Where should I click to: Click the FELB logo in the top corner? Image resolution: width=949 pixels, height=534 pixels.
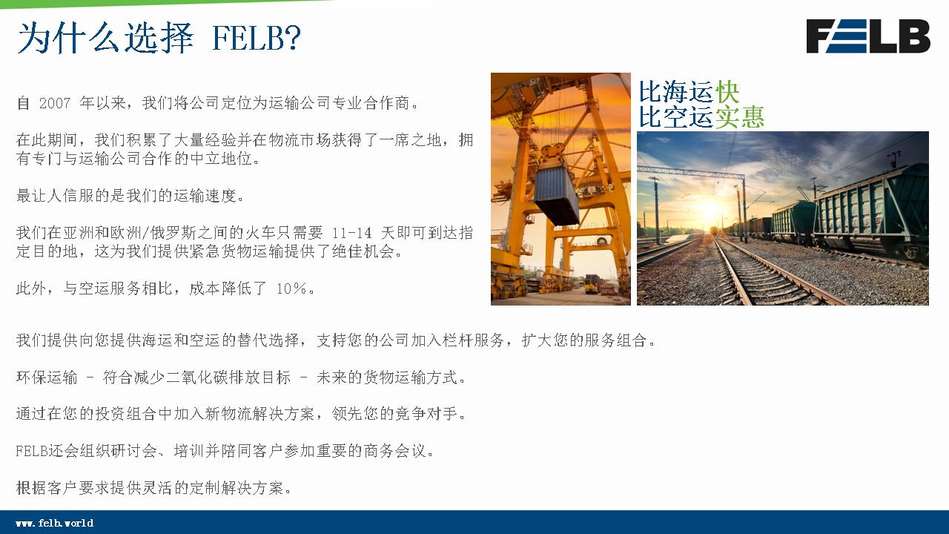868,36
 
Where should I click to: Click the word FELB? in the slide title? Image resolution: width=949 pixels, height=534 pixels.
256,38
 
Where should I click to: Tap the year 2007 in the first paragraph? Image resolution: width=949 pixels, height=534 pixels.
55,103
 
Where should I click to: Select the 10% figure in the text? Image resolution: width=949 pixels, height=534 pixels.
291,289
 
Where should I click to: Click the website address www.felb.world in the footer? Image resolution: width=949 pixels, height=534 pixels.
55,523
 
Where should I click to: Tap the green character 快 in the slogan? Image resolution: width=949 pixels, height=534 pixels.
727,92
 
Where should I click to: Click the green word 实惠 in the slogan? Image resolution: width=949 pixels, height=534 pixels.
740,117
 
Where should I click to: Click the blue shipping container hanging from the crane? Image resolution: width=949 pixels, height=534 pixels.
557,195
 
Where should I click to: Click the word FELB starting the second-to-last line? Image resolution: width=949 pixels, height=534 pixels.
31,451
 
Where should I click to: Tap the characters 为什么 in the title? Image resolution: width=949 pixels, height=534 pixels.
67,38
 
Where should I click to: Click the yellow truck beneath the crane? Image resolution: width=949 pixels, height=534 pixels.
592,283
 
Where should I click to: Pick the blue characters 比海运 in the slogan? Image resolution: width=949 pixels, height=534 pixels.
677,92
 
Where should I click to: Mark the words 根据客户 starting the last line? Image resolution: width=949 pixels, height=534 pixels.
47,488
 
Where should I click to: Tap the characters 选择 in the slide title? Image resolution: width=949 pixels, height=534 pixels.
159,38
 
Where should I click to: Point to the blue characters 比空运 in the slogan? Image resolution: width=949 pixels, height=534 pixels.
677,117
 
